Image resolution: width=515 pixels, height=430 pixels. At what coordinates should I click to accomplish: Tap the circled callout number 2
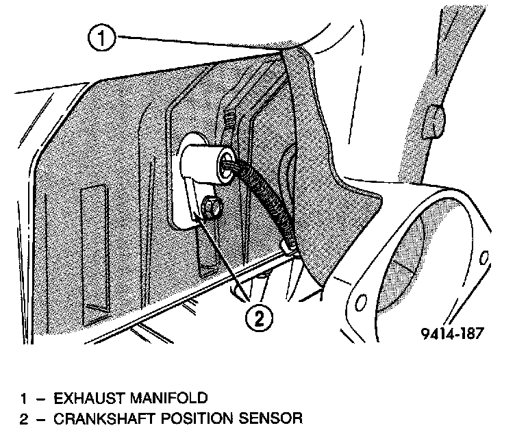260,317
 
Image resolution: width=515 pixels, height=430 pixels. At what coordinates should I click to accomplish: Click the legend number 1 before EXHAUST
24,396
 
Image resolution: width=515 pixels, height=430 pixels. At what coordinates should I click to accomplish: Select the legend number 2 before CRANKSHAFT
24,417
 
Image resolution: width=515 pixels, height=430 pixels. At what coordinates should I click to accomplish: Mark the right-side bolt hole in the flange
484,258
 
